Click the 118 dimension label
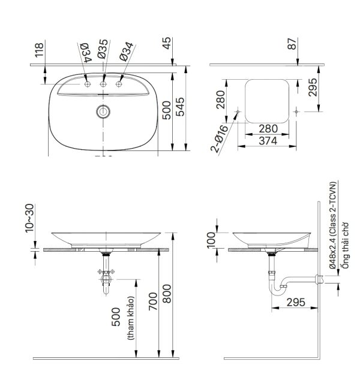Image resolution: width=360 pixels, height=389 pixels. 40,51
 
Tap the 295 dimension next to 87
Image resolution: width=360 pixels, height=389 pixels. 312,88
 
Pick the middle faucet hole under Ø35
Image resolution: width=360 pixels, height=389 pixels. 103,84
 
